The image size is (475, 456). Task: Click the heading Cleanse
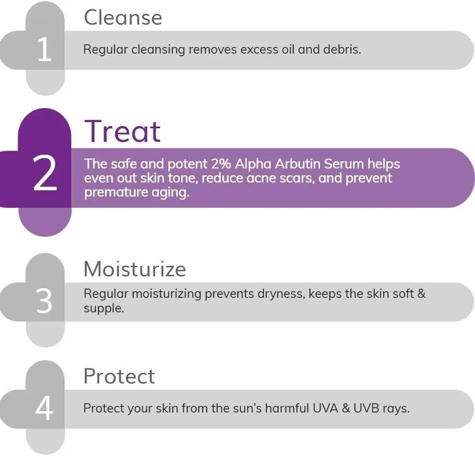pos(123,17)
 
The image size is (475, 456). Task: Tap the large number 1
pos(44,50)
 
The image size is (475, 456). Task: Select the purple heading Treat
pos(122,131)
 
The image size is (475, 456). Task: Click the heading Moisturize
pos(135,269)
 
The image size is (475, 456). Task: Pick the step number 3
pos(44,301)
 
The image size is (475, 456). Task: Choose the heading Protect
pos(119,376)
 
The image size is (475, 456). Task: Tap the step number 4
pos(44,408)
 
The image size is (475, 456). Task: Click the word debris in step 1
pos(344,50)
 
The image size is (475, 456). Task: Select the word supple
pos(104,308)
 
